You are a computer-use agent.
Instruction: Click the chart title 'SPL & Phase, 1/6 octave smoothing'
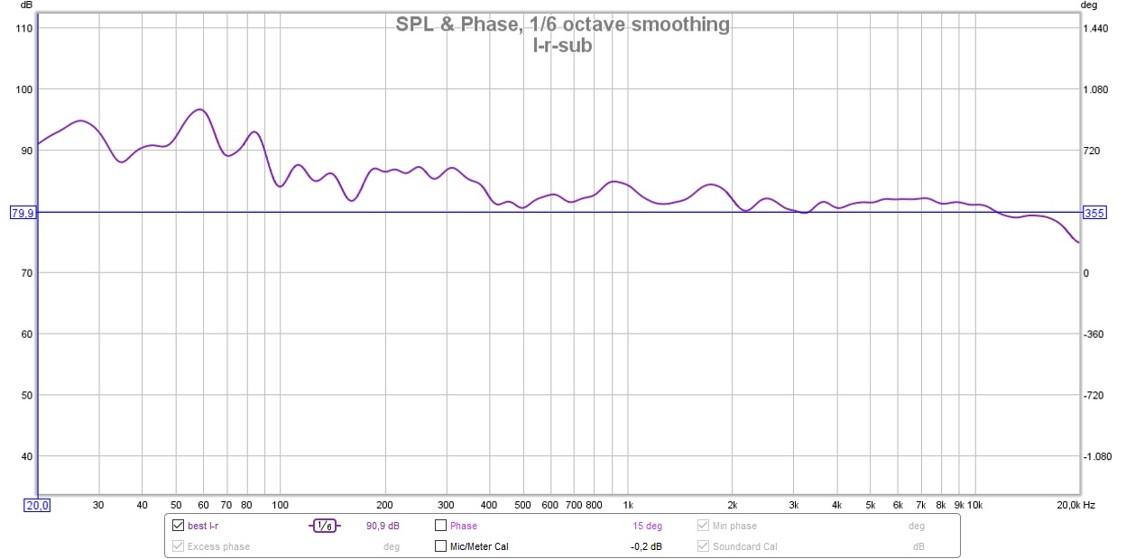click(x=562, y=24)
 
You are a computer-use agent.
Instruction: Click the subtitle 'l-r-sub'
click(x=562, y=45)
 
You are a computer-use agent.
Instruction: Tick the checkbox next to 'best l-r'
click(x=178, y=526)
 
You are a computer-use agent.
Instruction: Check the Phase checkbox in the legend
click(x=441, y=526)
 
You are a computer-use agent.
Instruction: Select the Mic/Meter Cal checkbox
click(x=441, y=546)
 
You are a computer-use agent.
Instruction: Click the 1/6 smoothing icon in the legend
click(x=325, y=526)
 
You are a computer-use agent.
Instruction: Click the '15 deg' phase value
click(x=647, y=526)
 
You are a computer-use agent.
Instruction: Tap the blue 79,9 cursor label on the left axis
click(x=23, y=213)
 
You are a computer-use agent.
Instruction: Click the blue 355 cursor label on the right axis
click(x=1094, y=213)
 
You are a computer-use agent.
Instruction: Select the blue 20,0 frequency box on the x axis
click(x=38, y=505)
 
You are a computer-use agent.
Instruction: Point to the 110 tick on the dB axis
click(x=24, y=29)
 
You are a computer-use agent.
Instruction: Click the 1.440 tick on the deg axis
click(x=1097, y=29)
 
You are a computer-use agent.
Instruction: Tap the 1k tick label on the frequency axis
click(x=628, y=505)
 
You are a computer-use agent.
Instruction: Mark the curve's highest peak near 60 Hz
click(x=199, y=110)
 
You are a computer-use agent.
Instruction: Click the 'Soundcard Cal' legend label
click(x=745, y=546)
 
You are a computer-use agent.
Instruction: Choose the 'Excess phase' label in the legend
click(x=218, y=546)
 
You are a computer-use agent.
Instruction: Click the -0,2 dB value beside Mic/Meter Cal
click(x=646, y=546)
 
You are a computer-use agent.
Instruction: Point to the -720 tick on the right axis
click(x=1096, y=395)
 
